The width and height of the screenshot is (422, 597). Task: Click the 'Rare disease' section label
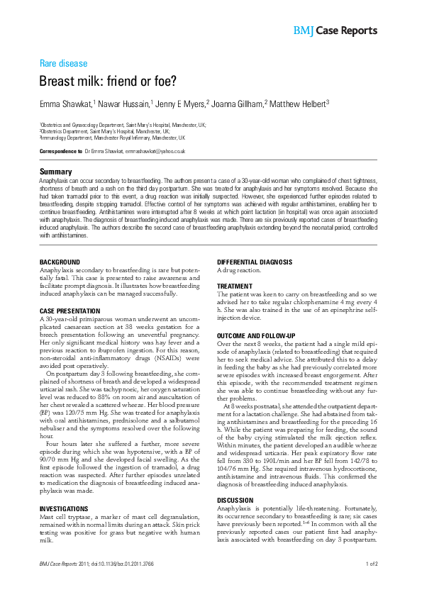click(63, 63)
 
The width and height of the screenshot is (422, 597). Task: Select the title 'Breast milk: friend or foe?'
click(107, 82)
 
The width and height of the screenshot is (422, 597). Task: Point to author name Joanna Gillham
click(238, 104)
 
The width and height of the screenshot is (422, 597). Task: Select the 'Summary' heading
click(55, 172)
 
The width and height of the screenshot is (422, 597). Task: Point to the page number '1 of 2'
click(371, 564)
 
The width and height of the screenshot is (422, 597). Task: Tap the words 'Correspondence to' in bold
click(60, 151)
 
